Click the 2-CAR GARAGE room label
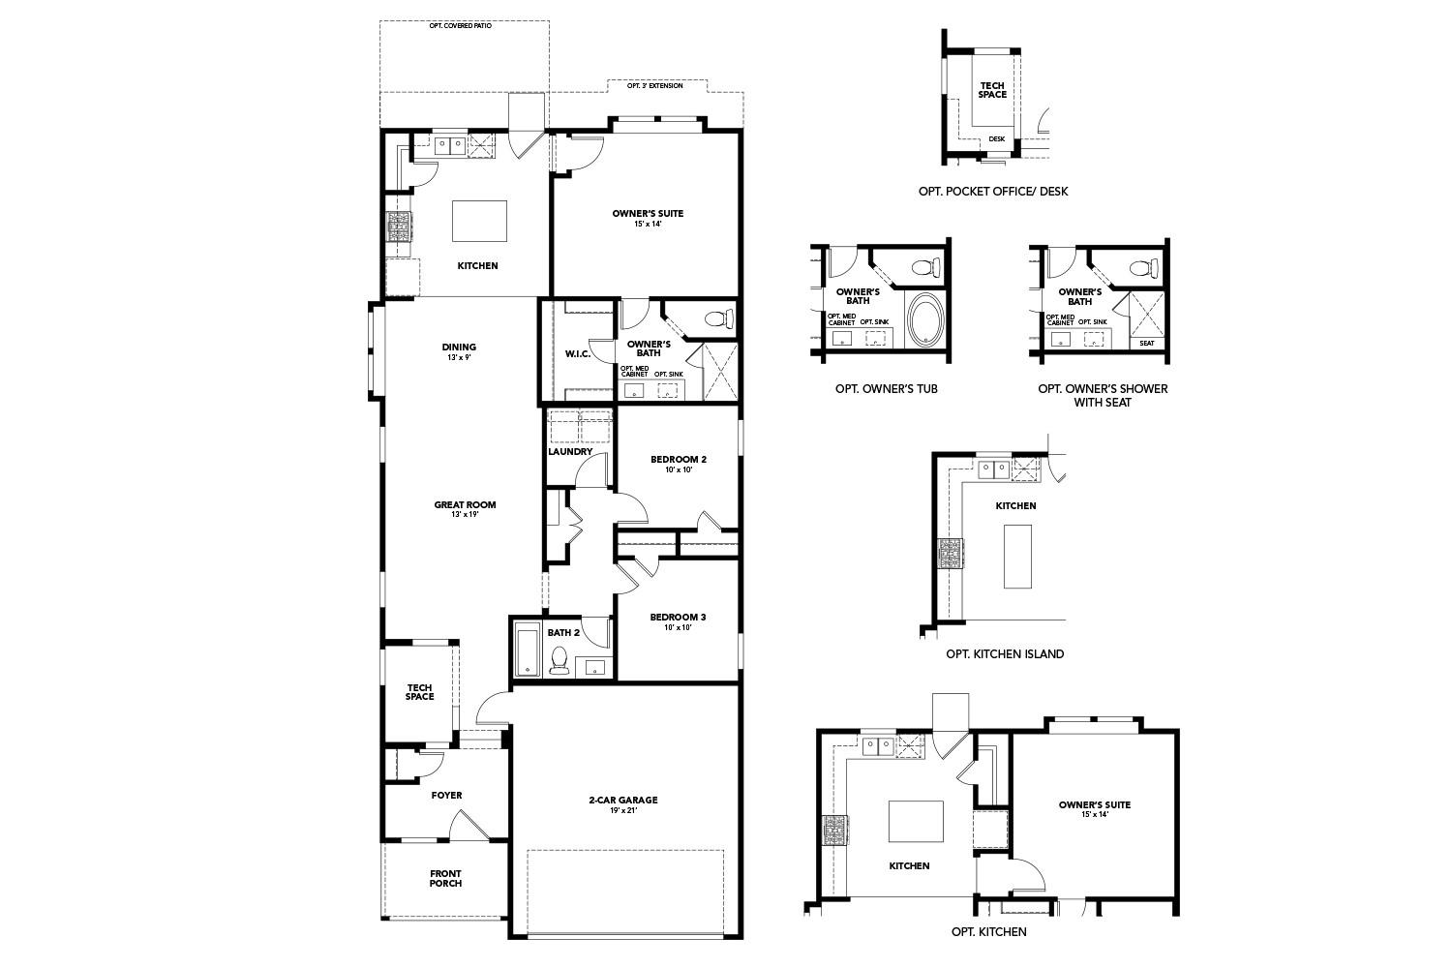pos(623,800)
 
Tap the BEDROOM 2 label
pos(678,460)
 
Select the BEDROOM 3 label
pos(678,617)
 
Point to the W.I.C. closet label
pos(578,353)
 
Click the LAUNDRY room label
pos(570,451)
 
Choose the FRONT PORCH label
pos(445,878)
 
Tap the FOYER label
pos(446,795)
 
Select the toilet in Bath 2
pos(559,660)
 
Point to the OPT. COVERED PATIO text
pos(461,25)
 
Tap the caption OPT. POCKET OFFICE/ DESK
pos(993,192)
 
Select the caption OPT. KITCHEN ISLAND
pos(1005,653)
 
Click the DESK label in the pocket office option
pos(997,138)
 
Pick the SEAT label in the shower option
pos(1147,343)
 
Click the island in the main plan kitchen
pos(479,221)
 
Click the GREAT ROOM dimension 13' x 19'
pos(465,515)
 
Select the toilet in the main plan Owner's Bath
pos(715,318)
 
